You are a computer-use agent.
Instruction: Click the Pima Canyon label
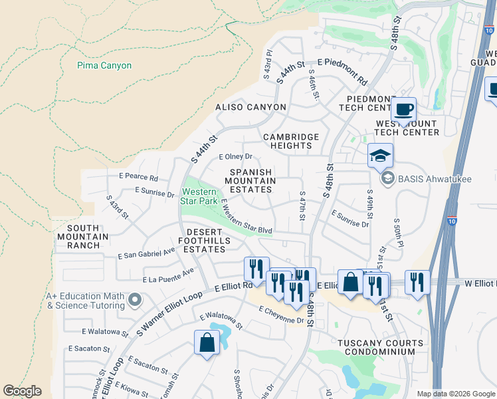click(x=104, y=66)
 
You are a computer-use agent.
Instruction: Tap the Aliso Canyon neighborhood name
click(x=250, y=107)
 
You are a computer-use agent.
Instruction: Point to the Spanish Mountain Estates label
click(x=251, y=181)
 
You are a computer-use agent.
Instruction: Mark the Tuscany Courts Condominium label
click(x=380, y=348)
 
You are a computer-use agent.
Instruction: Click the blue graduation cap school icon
click(x=381, y=156)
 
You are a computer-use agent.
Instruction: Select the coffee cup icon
click(x=403, y=108)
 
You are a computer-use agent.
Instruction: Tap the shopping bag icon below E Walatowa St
click(x=207, y=344)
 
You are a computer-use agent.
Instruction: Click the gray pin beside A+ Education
click(x=136, y=301)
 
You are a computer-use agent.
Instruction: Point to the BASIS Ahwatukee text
click(x=421, y=178)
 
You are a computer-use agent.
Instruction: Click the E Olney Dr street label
click(x=236, y=157)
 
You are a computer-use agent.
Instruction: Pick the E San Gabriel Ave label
click(x=146, y=253)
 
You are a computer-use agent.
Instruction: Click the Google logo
click(x=22, y=391)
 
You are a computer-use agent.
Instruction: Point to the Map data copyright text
click(x=455, y=394)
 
